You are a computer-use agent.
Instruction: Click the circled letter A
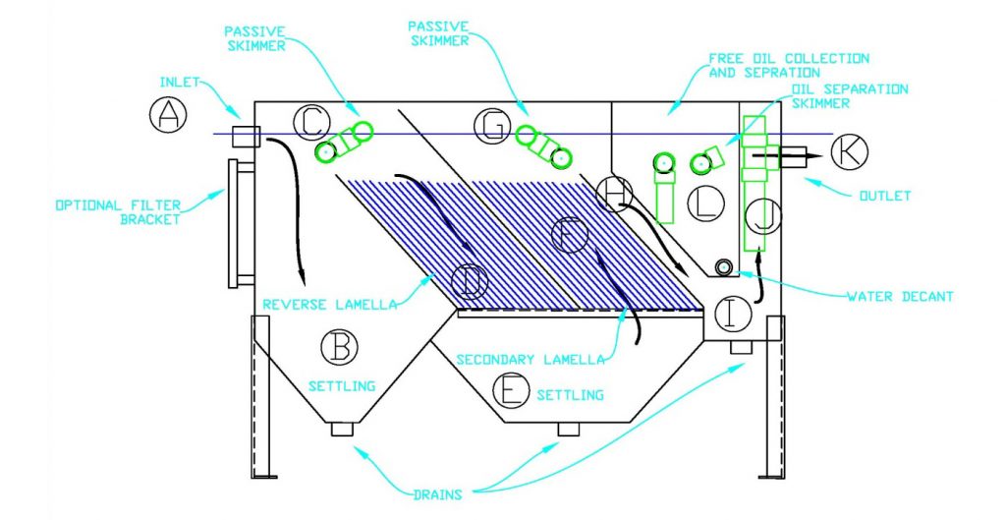tap(168, 116)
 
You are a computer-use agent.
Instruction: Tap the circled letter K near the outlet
tap(849, 152)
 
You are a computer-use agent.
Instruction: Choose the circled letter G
tap(491, 125)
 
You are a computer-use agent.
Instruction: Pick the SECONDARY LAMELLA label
tap(530, 360)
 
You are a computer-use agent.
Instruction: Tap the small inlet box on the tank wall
tap(245, 136)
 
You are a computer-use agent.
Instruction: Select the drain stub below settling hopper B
tap(341, 429)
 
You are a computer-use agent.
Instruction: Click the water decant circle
tap(723, 268)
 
